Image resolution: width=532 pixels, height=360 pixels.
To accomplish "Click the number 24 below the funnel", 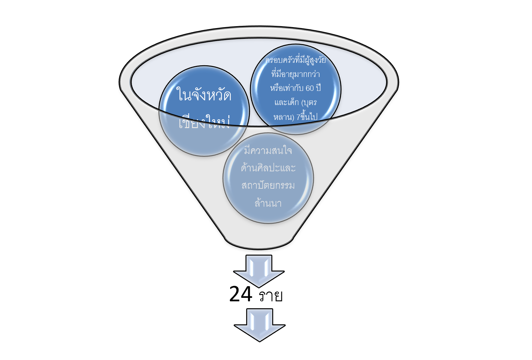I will pos(241,294).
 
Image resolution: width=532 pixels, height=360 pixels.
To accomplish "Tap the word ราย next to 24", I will pos(271,296).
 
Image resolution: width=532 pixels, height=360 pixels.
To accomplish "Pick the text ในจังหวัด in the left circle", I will pos(204,95).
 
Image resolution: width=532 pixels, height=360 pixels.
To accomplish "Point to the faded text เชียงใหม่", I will pos(204,123).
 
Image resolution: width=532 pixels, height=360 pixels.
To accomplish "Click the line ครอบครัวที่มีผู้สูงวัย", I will pos(296,60).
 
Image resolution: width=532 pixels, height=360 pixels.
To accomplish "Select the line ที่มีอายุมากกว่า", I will pos(296,74).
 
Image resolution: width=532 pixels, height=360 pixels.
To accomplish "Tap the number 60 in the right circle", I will pos(310,88).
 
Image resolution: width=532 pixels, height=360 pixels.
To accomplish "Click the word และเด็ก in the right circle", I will pos(286,102).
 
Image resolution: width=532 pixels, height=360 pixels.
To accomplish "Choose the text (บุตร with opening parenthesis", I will pos(309,102).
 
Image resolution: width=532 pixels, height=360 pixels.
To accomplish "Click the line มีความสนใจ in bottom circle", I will pos(268,150).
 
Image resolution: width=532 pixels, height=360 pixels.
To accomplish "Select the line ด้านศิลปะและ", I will pos(268,168).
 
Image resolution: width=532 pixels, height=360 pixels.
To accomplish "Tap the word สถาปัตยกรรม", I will pos(268,185).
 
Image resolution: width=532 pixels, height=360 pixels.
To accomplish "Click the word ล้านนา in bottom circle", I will pos(268,203).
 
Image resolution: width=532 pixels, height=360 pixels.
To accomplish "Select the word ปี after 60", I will pos(318,88).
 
